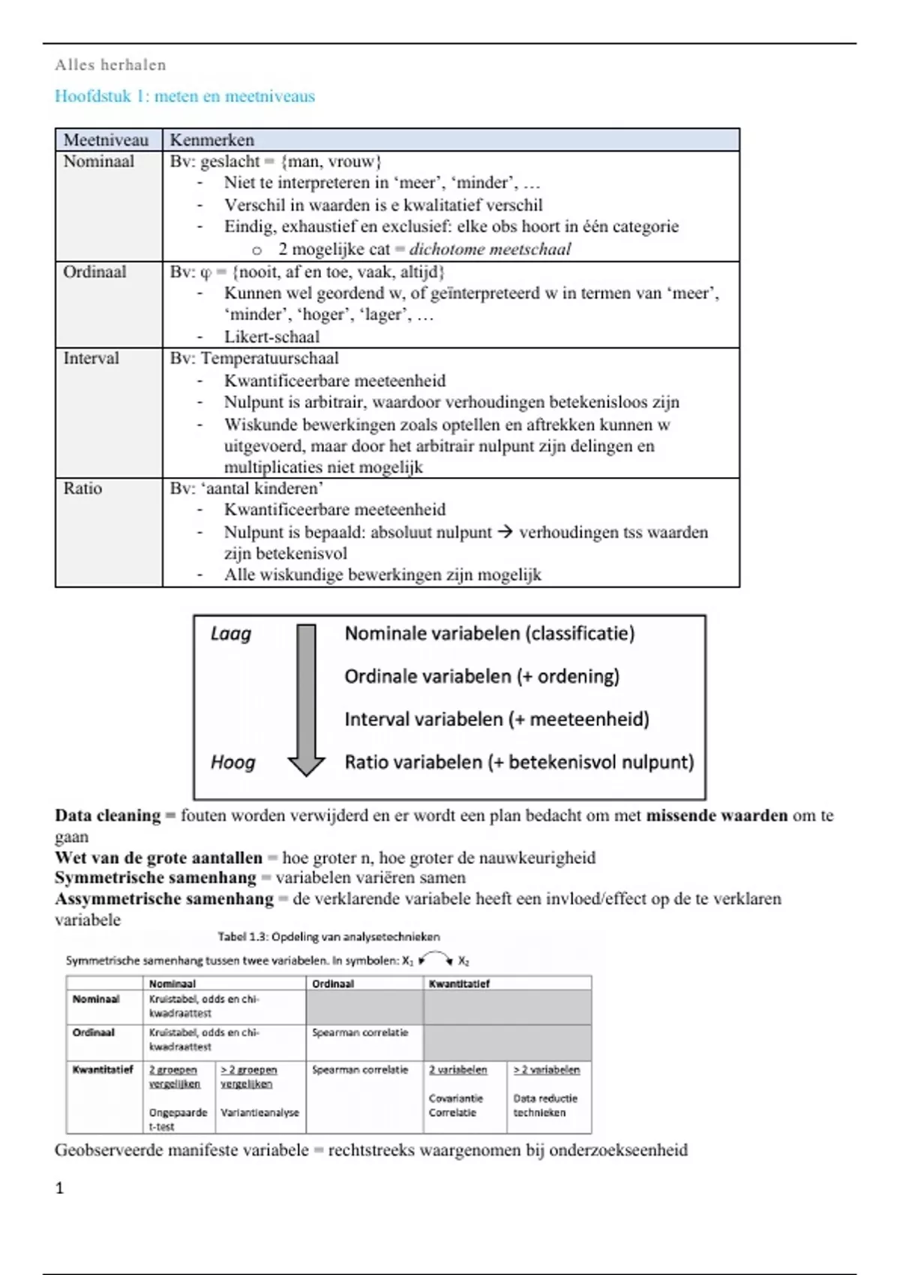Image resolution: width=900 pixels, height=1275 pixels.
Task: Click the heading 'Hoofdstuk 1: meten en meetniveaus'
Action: [x=184, y=96]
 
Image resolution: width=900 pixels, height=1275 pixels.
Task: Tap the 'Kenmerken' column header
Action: [x=211, y=139]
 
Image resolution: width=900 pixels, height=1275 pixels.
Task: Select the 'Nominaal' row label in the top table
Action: [x=98, y=161]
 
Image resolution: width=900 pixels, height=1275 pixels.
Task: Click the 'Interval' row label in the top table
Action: [x=91, y=358]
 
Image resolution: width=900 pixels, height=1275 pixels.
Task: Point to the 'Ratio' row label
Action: [x=82, y=488]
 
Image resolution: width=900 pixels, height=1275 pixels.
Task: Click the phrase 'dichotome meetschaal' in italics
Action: [x=490, y=249]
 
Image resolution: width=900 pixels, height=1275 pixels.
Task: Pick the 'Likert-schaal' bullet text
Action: [x=271, y=337]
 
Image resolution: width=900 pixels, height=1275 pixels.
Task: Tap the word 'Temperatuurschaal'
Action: [x=269, y=358]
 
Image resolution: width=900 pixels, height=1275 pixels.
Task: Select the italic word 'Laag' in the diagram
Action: [x=231, y=634]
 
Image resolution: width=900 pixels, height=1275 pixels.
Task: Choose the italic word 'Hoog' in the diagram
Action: [x=232, y=763]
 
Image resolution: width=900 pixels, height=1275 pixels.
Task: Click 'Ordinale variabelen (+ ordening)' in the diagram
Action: [x=481, y=676]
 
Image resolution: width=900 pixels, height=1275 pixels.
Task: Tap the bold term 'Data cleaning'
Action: [x=108, y=815]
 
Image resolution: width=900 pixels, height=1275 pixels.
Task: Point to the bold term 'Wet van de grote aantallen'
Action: [x=158, y=857]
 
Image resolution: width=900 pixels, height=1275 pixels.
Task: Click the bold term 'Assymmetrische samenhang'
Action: [x=163, y=898]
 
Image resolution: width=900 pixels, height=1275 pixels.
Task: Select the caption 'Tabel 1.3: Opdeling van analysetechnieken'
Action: [x=328, y=937]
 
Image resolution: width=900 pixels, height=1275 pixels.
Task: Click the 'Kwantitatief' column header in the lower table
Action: [x=459, y=983]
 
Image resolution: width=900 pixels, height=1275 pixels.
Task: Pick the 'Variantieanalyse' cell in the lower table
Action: [x=259, y=1112]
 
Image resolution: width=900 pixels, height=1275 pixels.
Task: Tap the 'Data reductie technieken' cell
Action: [x=545, y=1105]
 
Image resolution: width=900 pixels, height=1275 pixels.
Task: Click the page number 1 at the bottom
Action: [x=60, y=1187]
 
